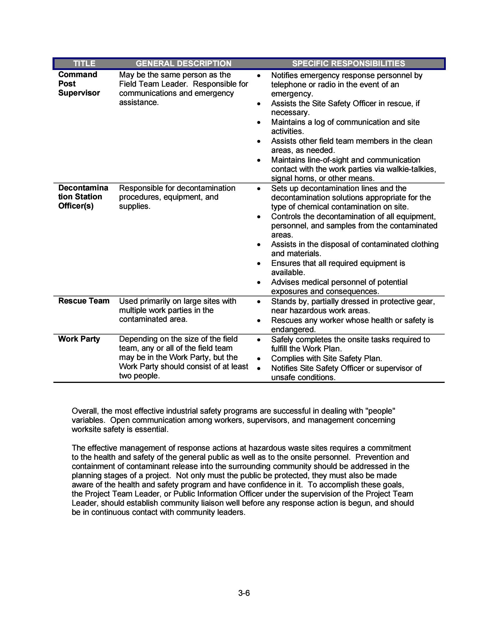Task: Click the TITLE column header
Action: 84,64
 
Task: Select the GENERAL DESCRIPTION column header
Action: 184,64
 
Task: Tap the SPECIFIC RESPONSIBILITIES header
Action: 348,64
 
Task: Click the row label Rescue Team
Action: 84,301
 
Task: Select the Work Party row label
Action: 79,339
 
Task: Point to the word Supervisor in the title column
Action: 79,93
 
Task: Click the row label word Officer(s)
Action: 76,206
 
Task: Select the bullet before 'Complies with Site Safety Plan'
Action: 259,359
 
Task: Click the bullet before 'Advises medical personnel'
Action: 259,282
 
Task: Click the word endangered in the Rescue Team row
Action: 293,330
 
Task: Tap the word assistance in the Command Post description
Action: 138,103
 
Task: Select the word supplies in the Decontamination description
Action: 134,207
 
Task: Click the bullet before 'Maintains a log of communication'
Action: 259,122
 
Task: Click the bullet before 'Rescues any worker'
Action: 259,321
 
